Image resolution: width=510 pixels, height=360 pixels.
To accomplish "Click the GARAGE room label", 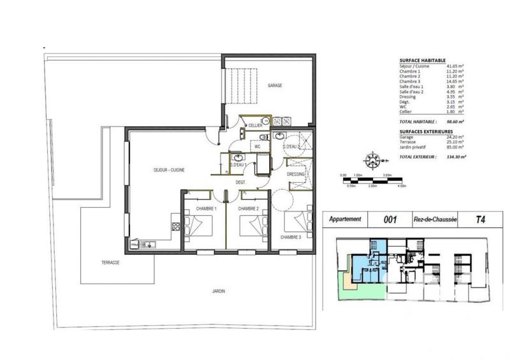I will [275, 85].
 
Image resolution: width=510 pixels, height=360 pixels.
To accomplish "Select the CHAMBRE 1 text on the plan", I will [207, 208].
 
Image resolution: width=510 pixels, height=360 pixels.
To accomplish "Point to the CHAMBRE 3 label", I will [290, 237].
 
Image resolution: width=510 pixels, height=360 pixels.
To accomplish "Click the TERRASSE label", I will [110, 262].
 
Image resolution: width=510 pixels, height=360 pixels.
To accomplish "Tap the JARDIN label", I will [219, 291].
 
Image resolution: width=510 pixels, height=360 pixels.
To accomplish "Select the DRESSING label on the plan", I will [296, 174].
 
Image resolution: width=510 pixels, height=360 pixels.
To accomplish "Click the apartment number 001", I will [390, 219].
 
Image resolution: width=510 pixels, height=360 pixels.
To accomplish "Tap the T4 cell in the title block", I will [479, 219].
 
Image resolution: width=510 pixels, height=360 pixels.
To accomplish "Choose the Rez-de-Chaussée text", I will [435, 219].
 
